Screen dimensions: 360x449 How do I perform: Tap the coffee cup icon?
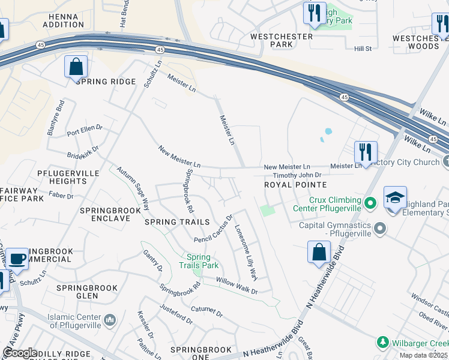(17, 259)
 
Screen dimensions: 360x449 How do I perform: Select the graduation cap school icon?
(395, 197)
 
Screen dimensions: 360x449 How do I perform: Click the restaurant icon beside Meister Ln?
(366, 152)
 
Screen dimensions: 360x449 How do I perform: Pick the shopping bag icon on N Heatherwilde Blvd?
(319, 252)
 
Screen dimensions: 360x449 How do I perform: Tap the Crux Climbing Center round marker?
(370, 204)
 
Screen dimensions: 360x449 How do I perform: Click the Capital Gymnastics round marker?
(379, 228)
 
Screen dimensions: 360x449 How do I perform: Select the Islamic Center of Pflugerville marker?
(110, 320)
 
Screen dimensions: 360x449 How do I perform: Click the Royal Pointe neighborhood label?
(295, 185)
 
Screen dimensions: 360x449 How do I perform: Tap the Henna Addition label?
(63, 20)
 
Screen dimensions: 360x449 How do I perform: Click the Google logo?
(20, 353)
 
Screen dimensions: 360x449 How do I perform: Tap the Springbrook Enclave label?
(105, 214)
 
